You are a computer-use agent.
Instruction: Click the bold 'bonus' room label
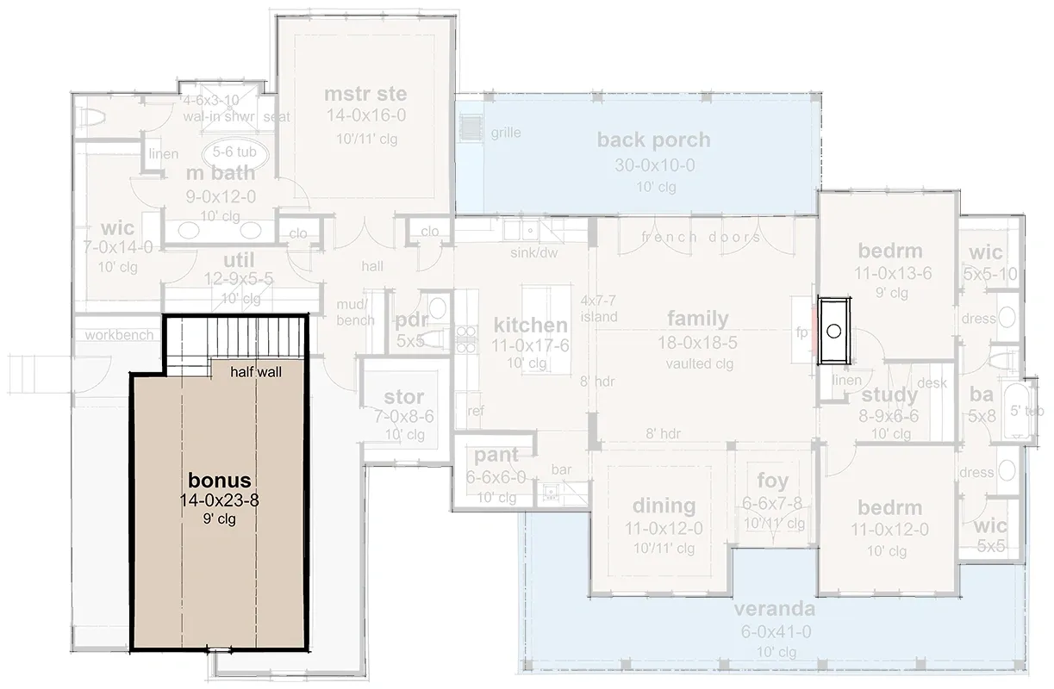coord(220,480)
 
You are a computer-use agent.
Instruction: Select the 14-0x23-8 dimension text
coord(220,500)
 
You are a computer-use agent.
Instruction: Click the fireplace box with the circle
coord(834,331)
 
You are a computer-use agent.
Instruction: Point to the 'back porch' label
coord(653,140)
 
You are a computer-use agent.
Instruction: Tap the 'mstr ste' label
coord(365,94)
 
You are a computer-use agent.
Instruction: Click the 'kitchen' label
coord(530,326)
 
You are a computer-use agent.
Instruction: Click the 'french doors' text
coord(701,237)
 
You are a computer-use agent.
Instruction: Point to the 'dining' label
coord(664,505)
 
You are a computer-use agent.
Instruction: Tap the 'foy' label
coord(773,481)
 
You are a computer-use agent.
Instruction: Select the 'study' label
coord(889,395)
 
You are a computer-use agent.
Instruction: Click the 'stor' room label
coord(403,397)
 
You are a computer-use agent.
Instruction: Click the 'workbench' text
coord(119,334)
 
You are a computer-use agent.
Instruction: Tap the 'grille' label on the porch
coord(506,133)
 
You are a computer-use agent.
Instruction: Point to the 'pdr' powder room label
coord(412,320)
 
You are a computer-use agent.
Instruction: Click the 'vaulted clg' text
coord(700,363)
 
